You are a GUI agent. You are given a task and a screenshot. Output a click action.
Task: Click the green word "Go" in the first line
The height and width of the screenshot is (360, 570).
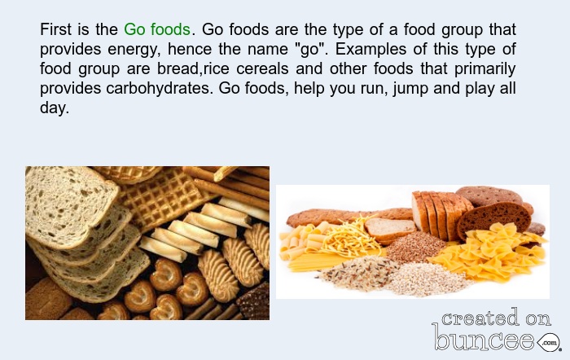click(x=134, y=29)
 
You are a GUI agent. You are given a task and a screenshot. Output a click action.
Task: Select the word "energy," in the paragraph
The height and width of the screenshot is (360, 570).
click(x=134, y=50)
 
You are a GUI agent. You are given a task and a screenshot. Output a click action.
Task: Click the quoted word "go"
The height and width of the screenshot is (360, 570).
click(x=309, y=50)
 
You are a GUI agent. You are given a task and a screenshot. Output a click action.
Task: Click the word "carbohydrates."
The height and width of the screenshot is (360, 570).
click(x=160, y=88)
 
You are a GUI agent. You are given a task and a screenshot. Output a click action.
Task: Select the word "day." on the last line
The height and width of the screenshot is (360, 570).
click(x=55, y=108)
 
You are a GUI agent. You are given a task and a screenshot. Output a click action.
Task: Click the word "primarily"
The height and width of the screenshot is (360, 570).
click(x=485, y=69)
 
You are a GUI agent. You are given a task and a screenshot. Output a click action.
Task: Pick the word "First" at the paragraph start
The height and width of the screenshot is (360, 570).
click(x=55, y=29)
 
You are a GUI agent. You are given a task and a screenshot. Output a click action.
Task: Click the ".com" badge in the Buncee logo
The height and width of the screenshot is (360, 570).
click(x=549, y=342)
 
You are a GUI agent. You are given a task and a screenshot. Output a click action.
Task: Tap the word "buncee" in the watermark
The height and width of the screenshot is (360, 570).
click(x=484, y=337)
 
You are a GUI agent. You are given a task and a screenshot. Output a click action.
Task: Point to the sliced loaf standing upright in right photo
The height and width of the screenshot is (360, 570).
click(x=441, y=214)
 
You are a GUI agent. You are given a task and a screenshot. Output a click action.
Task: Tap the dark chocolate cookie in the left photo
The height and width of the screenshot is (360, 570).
click(x=255, y=302)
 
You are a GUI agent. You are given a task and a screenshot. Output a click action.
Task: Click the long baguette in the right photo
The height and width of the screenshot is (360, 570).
click(x=349, y=217)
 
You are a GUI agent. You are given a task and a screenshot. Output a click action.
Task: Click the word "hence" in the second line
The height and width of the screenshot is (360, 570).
click(x=190, y=49)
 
